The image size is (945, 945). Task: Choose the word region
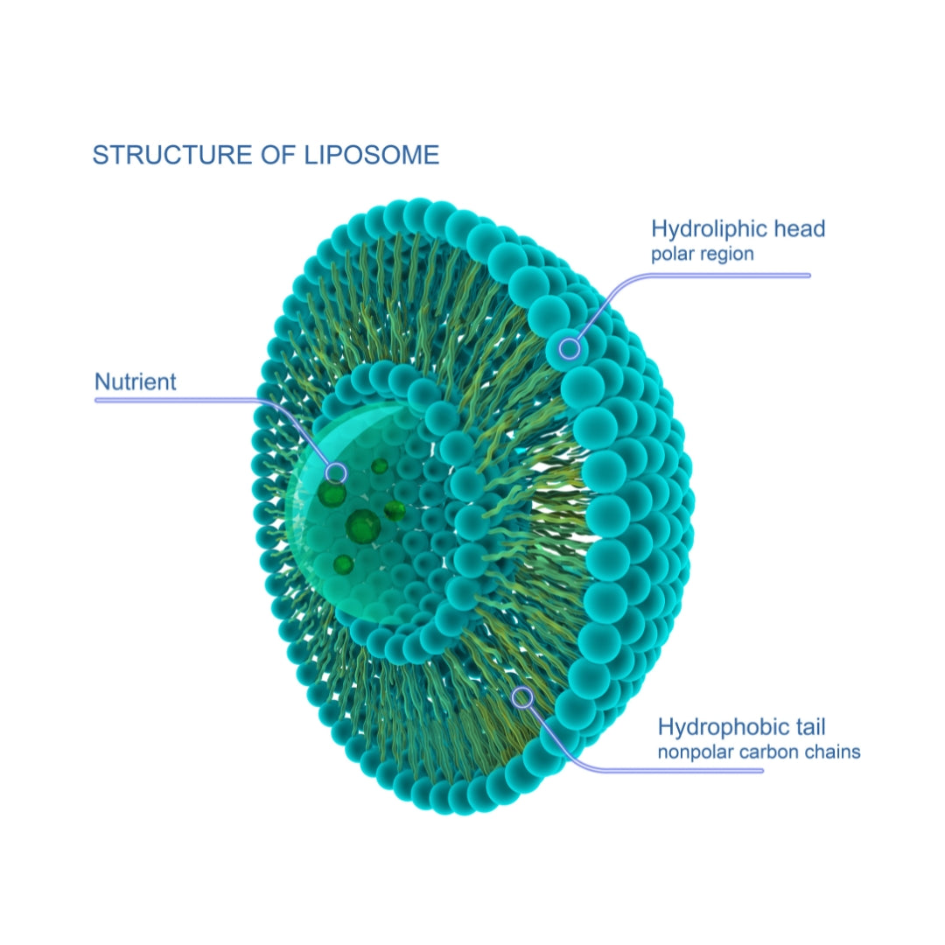(x=727, y=255)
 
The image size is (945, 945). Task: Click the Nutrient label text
(x=136, y=382)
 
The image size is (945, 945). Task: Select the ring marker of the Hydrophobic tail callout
(x=523, y=697)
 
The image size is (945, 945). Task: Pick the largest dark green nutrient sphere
(x=361, y=527)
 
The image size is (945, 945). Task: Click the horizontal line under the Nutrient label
(x=175, y=401)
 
